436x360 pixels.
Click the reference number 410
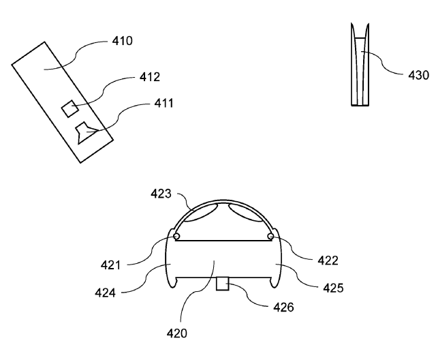pos(123,41)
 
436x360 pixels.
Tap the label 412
pos(150,77)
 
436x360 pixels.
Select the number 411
pos(163,103)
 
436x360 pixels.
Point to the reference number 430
pos(418,76)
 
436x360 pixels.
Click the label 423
pos(161,194)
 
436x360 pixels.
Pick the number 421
pos(110,265)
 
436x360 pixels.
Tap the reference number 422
pos(328,260)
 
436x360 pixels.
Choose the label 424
pos(105,293)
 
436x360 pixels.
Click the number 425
pos(333,288)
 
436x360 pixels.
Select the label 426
pos(283,307)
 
